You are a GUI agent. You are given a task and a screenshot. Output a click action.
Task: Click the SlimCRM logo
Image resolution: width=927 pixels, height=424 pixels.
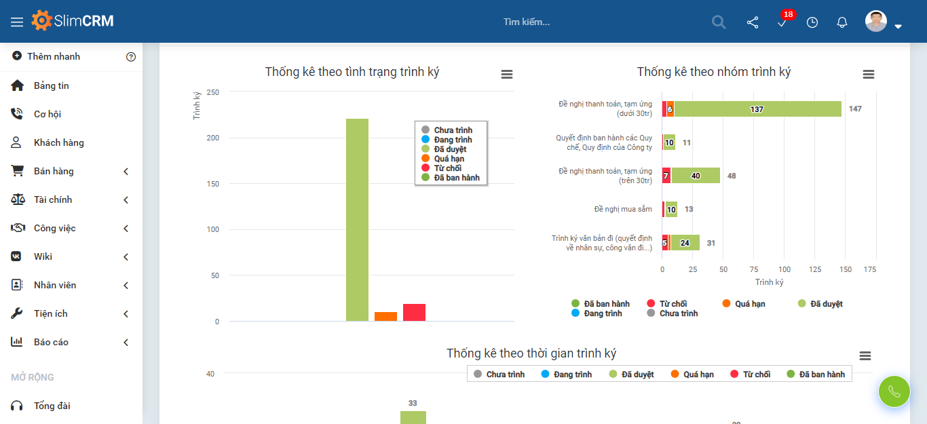tap(73, 21)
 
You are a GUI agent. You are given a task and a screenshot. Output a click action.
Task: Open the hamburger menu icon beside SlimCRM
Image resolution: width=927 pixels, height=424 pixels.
tap(17, 22)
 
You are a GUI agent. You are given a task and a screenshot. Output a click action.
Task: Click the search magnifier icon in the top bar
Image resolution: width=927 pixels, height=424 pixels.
tap(719, 22)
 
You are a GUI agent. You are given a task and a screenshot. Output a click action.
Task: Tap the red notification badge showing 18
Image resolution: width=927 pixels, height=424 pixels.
tap(788, 14)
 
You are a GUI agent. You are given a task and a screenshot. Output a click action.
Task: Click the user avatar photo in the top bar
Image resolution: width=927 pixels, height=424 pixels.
tap(876, 21)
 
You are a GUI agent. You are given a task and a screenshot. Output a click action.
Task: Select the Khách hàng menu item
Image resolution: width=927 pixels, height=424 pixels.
tap(59, 142)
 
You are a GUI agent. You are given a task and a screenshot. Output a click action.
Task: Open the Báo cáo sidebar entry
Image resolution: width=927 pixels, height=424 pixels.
tap(51, 342)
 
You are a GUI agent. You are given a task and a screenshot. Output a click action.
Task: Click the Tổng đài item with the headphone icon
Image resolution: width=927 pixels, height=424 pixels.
tap(52, 406)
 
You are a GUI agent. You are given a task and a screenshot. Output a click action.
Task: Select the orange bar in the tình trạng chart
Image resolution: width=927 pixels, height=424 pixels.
tap(385, 316)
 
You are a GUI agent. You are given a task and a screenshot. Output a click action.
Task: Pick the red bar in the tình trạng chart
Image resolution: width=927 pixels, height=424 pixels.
tap(414, 312)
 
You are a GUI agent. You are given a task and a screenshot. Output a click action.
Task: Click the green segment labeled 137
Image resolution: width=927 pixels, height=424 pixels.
tap(757, 109)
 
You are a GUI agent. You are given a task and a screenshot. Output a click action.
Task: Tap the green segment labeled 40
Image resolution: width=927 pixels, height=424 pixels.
tap(696, 176)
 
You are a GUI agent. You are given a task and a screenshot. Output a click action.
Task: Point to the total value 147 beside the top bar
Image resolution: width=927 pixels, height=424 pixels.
tap(855, 109)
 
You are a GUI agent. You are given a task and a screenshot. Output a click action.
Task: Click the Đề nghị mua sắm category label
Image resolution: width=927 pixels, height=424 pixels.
tap(623, 209)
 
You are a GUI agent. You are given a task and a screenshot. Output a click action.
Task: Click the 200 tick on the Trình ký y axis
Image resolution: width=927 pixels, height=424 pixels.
tap(212, 138)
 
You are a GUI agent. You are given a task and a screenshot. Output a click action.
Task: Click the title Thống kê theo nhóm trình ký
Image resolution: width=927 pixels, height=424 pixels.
tap(713, 72)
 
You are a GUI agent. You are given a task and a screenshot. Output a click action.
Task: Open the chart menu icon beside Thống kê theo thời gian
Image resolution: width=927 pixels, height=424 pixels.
tap(865, 356)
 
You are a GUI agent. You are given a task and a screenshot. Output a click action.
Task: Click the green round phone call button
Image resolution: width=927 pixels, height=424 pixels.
tap(894, 391)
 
